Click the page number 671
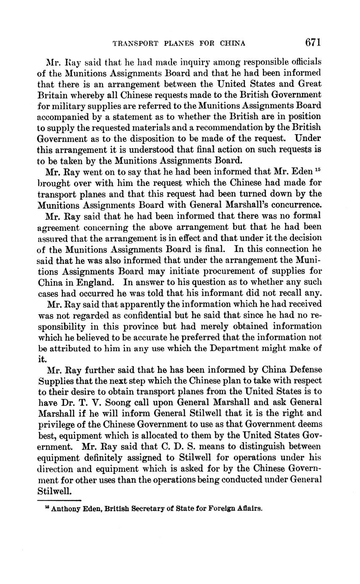coord(313,42)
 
